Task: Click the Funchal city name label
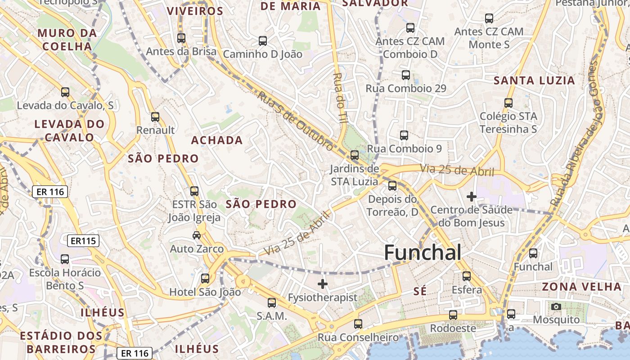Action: [423, 252]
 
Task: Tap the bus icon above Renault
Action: [155, 117]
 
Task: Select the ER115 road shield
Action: [83, 241]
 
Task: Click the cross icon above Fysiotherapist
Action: [322, 284]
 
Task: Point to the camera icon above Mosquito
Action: [556, 307]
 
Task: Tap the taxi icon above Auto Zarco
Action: [197, 235]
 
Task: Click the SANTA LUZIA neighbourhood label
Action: [534, 81]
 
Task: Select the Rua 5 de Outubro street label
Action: [296, 120]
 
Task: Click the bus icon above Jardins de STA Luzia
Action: [355, 155]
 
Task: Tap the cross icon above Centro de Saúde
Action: [471, 197]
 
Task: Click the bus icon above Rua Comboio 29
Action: [406, 75]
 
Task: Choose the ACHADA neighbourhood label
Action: [217, 140]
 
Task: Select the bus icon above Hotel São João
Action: [205, 279]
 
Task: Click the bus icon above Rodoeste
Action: [453, 315]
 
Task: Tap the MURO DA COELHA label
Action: [67, 40]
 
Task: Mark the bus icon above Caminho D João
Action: [263, 41]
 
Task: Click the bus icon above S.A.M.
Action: [272, 303]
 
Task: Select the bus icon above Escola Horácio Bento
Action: [65, 259]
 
